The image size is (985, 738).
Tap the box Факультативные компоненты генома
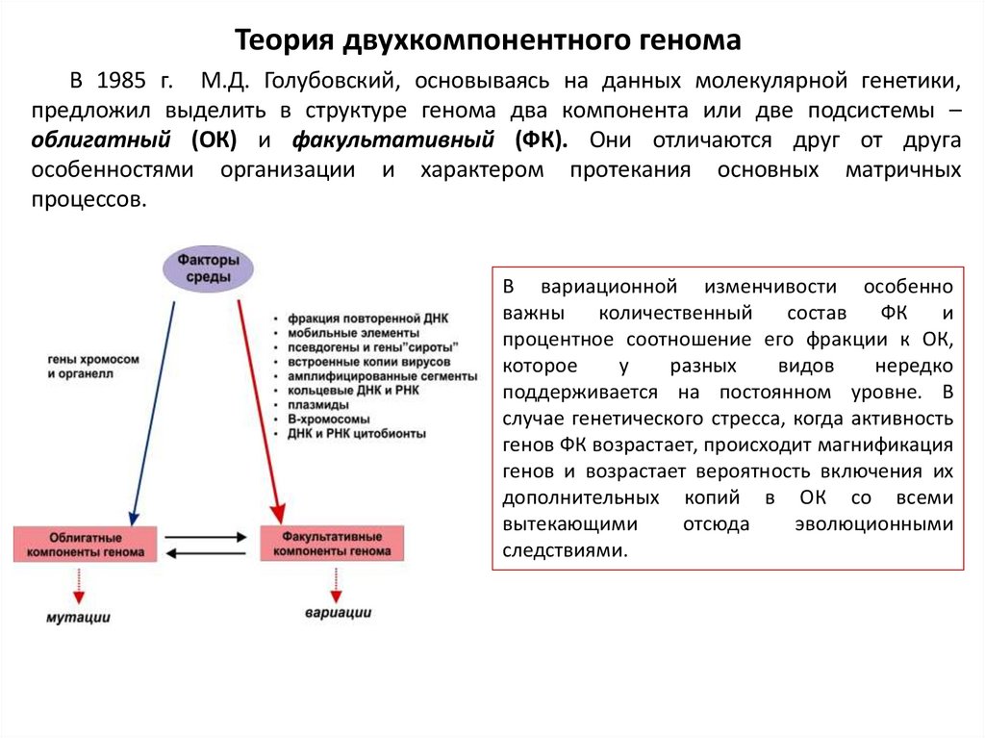pyautogui.click(x=332, y=544)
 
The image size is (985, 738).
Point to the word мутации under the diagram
pyautogui.click(x=79, y=617)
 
